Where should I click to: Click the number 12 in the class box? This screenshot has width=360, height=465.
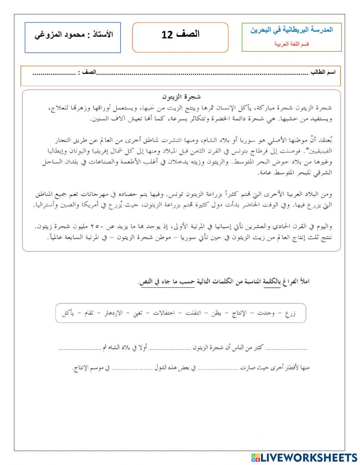coord(168,35)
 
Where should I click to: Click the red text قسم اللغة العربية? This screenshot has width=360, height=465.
coord(292,44)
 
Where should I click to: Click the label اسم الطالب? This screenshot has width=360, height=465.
coord(323,72)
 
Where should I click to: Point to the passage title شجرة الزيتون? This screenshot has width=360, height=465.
coord(181,97)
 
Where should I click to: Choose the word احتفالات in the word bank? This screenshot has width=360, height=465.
coord(164,313)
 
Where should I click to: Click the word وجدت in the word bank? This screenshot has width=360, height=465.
coord(266,313)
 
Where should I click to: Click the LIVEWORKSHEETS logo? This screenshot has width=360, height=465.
coord(304,457)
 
